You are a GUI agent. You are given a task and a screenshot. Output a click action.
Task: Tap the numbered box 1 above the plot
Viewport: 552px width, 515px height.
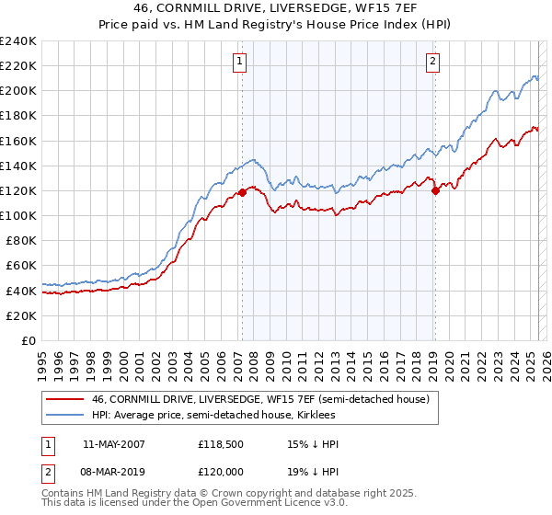pos(239,62)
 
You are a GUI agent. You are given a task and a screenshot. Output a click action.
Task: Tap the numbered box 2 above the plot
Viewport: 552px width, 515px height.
pos(432,62)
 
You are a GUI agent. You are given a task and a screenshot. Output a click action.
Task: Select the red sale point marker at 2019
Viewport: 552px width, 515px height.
pos(435,190)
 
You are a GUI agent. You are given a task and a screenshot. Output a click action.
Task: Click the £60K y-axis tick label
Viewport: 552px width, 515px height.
pos(21,265)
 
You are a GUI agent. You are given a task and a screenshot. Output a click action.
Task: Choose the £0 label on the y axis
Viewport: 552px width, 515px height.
pos(29,340)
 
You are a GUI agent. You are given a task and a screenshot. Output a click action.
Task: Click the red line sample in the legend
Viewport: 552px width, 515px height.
pos(66,399)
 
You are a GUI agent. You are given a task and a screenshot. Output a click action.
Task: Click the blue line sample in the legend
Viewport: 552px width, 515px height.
pos(66,416)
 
